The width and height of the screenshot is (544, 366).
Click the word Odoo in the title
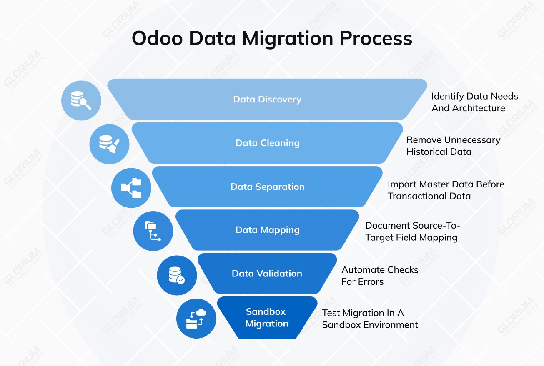157,38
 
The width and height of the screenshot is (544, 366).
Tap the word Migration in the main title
288,38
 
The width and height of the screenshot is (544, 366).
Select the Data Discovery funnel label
267,100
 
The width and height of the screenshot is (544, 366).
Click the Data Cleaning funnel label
268,143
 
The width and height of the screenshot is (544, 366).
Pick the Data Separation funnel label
268,187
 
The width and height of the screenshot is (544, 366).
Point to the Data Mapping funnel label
268,230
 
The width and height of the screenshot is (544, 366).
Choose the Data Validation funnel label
267,274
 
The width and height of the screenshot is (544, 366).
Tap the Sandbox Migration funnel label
267,318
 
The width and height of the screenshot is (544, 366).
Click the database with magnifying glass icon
81,101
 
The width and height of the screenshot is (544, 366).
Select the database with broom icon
109,144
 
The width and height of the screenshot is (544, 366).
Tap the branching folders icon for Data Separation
131,188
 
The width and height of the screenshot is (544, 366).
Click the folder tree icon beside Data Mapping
153,231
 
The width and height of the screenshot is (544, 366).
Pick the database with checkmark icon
176,275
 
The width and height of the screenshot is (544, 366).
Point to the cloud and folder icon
196,319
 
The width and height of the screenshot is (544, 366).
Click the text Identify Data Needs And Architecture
474,102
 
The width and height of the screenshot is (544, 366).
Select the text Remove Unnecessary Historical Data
453,146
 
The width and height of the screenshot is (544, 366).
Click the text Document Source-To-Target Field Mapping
412,232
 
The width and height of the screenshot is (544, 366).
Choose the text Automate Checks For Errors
380,276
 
